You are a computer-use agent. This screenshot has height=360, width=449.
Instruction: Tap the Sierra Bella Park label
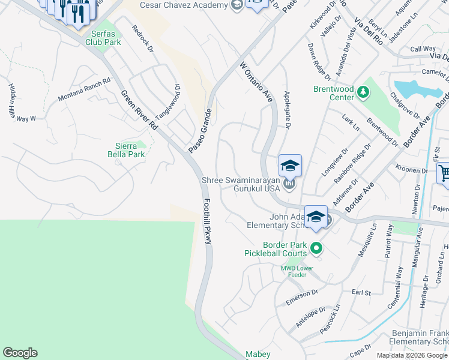[130, 150]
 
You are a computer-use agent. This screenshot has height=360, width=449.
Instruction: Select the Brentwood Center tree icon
[363, 92]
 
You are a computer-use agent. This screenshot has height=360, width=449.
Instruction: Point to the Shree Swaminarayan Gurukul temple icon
[289, 184]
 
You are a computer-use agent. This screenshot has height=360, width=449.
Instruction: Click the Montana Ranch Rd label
[84, 89]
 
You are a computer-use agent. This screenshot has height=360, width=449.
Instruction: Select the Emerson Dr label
[301, 295]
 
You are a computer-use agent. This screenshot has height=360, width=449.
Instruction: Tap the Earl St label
[361, 292]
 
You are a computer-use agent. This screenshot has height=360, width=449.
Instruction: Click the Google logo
[20, 353]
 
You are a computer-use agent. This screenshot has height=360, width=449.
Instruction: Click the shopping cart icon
[444, 173]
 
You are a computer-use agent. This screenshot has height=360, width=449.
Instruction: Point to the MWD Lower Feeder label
[293, 271]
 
